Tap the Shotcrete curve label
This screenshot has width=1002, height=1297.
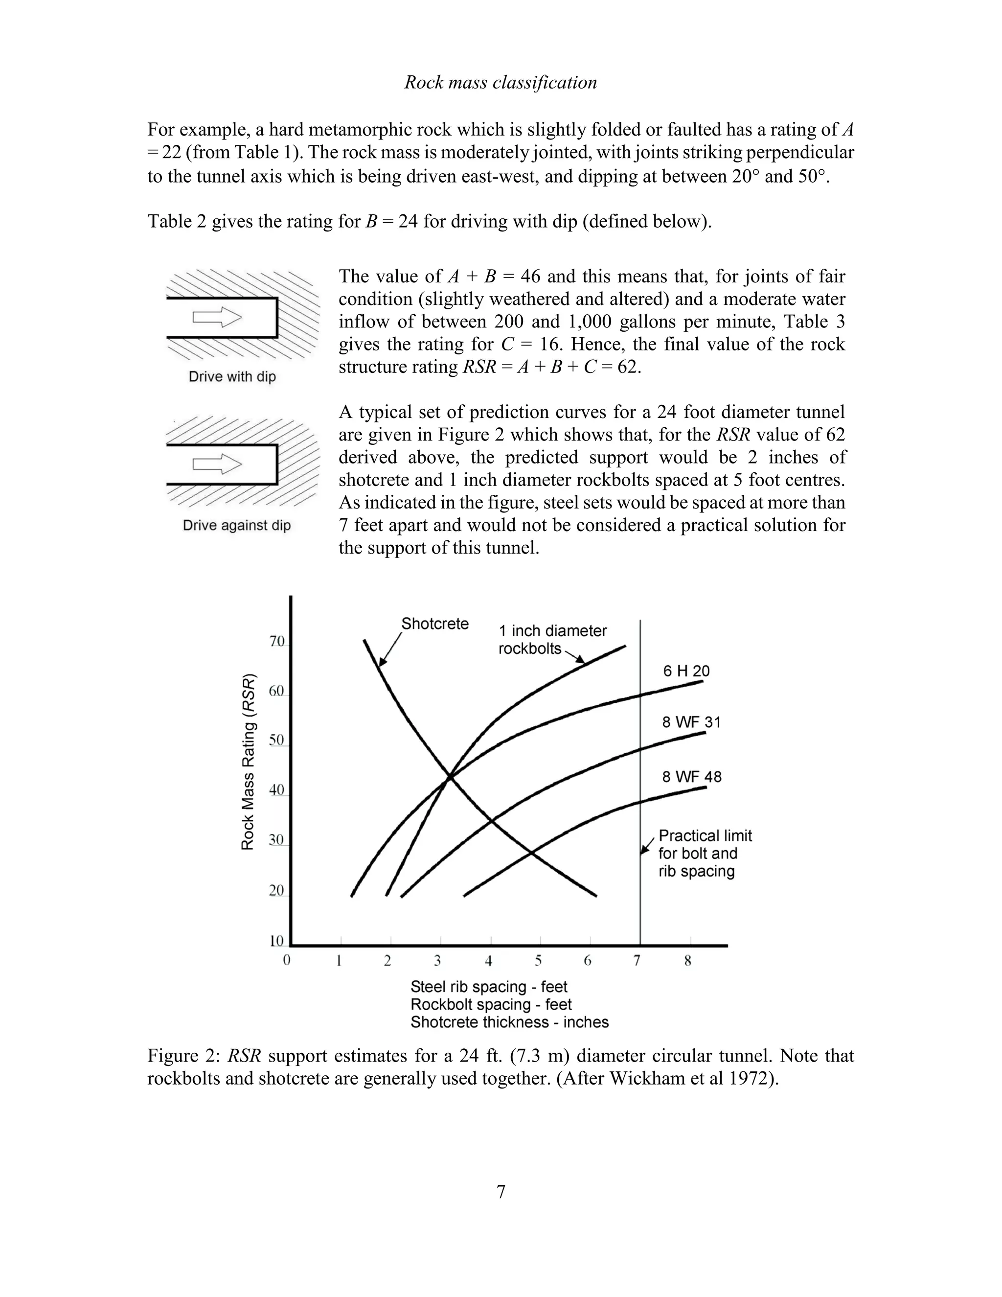tap(434, 624)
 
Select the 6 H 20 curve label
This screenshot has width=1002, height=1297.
tap(686, 671)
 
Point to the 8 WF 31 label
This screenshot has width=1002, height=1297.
tap(691, 722)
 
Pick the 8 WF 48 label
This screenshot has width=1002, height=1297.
tap(691, 777)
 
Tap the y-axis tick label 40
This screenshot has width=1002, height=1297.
tap(276, 790)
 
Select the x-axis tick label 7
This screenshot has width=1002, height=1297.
tap(637, 960)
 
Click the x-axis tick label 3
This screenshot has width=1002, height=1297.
tap(437, 960)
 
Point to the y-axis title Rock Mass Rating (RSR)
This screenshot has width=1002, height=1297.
tap(248, 762)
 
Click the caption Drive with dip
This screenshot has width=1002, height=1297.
tap(232, 376)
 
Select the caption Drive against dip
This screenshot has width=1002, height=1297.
tap(236, 526)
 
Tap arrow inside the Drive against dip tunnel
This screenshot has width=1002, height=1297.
tap(217, 464)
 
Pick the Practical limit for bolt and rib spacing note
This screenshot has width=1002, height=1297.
tap(705, 854)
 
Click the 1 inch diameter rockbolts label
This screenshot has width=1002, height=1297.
tap(552, 639)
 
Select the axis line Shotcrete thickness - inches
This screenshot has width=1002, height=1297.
tap(509, 1022)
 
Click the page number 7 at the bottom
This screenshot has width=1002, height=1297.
tap(501, 1192)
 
